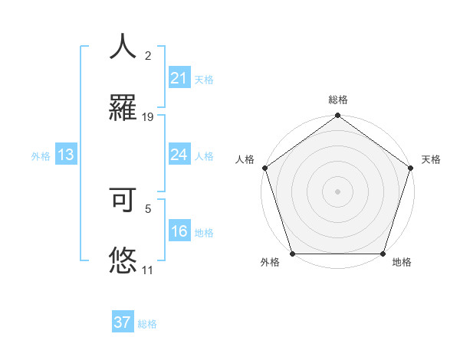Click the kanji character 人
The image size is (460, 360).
click(123, 47)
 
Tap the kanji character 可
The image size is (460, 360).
click(123, 201)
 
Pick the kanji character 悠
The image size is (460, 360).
click(123, 260)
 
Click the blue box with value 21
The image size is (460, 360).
click(179, 77)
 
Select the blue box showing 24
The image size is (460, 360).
click(179, 155)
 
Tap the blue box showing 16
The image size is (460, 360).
click(179, 232)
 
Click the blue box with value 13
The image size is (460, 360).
click(66, 155)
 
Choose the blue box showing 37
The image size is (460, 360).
click(123, 322)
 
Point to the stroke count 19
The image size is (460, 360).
click(148, 117)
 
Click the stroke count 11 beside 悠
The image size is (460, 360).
click(148, 270)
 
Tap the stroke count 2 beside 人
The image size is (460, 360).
click(148, 56)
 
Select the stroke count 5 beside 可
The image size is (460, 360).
click(148, 208)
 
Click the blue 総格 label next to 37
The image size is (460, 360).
click(148, 324)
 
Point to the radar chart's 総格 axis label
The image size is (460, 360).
click(338, 100)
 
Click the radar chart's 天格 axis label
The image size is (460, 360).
click(432, 159)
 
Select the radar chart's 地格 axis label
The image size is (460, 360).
click(402, 263)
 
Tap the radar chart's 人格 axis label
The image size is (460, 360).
click(245, 159)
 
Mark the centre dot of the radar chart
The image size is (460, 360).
click(337, 191)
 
